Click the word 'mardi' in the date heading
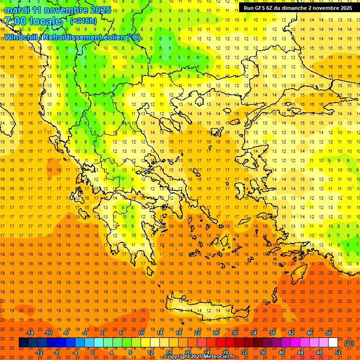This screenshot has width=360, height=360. tap(17, 10)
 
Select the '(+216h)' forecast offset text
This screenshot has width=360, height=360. tap(83, 21)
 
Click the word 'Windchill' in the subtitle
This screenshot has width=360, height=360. tap(21, 37)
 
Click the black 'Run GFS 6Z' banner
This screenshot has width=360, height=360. tap(298, 8)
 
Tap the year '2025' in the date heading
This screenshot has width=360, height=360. tap(100, 10)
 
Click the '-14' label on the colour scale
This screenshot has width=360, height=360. tap(30, 333)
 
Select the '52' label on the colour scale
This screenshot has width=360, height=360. tap(338, 352)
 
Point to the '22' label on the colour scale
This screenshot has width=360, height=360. tap(197, 333)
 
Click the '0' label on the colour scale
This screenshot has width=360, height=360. tap(92, 352)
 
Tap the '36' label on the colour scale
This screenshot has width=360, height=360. tap(263, 352)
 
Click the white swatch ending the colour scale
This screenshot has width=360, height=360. tap(333, 343)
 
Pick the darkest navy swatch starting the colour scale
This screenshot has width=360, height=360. tap(23, 343)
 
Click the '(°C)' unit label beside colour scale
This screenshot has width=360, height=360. tap(349, 343)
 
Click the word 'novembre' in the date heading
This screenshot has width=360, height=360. tap(63, 10)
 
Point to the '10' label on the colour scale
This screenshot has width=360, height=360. tap(141, 333)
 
